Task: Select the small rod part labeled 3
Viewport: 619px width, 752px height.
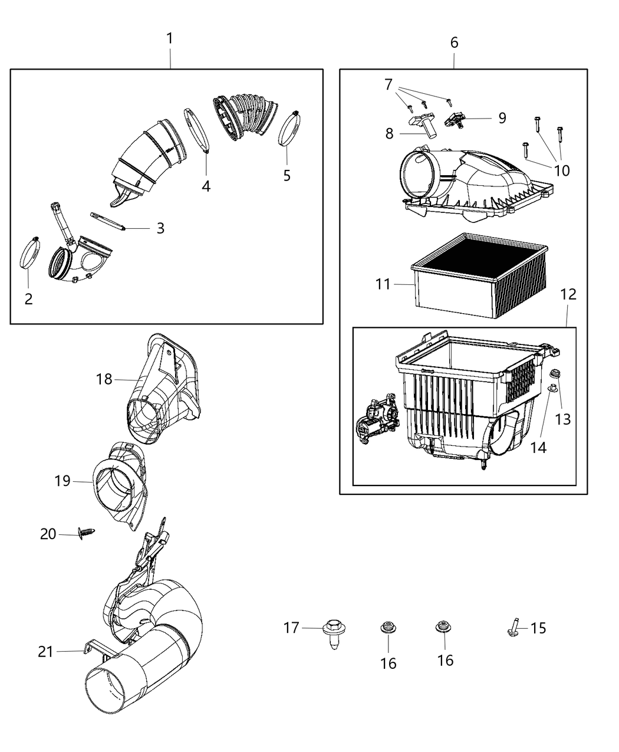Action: point(108,221)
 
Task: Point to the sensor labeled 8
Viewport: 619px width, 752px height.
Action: point(423,124)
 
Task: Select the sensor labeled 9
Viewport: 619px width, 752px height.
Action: point(457,120)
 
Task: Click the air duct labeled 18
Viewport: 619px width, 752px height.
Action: point(162,389)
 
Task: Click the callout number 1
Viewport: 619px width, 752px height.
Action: point(170,39)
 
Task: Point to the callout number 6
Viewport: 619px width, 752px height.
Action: point(454,42)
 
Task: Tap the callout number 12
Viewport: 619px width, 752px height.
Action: point(568,294)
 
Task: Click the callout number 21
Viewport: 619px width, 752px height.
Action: point(46,652)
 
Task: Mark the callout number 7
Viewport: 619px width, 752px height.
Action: point(388,85)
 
